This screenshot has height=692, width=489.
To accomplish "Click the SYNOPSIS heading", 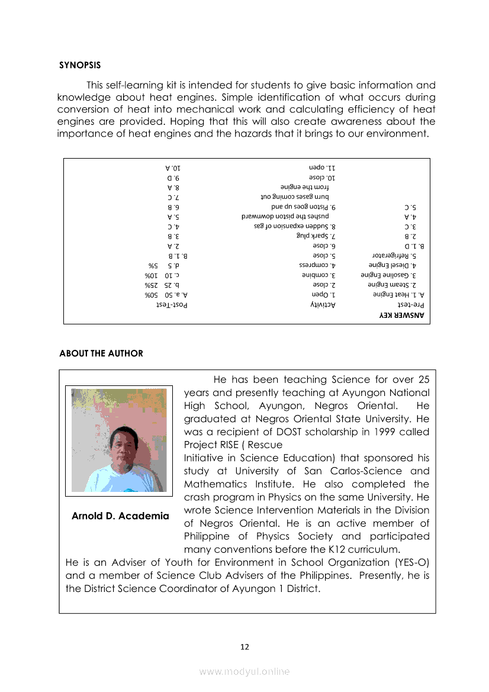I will pyautogui.click(x=80, y=65).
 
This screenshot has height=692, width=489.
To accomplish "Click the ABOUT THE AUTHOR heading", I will pyautogui.click(x=101, y=353).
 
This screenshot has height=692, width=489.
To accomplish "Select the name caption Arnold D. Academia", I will pyautogui.click(x=120, y=516).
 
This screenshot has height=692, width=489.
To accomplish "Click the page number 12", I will pyautogui.click(x=244, y=646).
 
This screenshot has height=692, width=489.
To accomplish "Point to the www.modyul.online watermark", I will pyautogui.click(x=244, y=671).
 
